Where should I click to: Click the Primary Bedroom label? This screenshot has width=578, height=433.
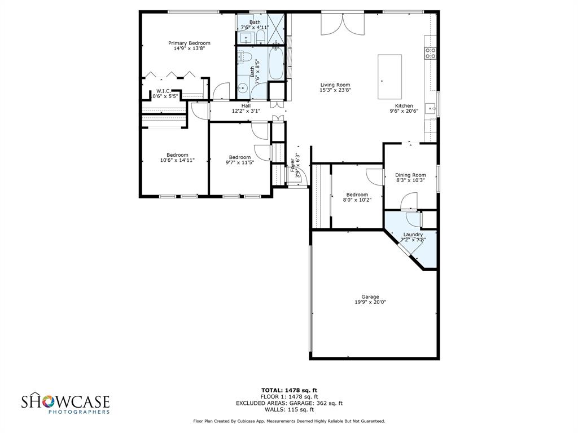coord(189,43)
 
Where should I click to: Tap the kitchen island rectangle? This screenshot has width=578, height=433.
coord(389,69)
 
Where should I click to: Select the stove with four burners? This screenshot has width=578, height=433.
coord(430,53)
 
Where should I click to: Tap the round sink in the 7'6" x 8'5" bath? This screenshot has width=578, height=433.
coord(242,88)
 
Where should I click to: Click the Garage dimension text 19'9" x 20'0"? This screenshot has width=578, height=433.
coord(370,302)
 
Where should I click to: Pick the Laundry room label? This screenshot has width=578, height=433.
coord(413,235)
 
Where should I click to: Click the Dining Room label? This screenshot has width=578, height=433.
coord(410,175)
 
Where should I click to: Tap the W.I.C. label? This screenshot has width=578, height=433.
coord(164,91)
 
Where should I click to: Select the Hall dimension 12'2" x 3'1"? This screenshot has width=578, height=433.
coord(246,111)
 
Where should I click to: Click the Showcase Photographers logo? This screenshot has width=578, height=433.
coord(65,404)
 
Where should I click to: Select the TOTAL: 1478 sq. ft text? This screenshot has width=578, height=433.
coord(289,390)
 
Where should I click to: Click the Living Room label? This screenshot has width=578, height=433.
coord(335,85)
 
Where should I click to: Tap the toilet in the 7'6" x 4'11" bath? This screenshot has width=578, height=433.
coord(261,37)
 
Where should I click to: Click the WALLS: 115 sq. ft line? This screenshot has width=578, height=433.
coord(289,409)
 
